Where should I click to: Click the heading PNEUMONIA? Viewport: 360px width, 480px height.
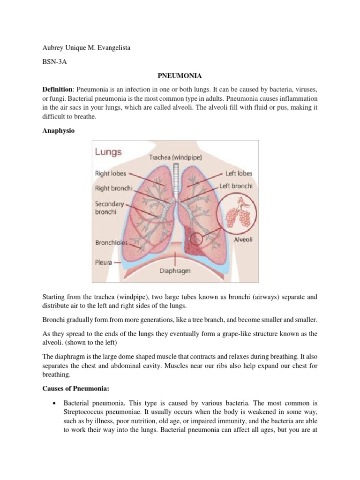pyautogui.click(x=180, y=75)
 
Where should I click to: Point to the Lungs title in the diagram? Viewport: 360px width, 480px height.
pyautogui.click(x=109, y=152)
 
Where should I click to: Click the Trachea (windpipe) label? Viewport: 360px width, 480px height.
pyautogui.click(x=176, y=158)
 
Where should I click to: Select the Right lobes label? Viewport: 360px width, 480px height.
pyautogui.click(x=111, y=173)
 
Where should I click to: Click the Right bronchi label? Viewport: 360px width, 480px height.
pyautogui.click(x=114, y=188)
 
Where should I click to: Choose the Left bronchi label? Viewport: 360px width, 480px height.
pyautogui.click(x=236, y=186)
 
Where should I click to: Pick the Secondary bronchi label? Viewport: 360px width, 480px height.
pyautogui.click(x=110, y=208)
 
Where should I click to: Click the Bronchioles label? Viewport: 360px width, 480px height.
pyautogui.click(x=112, y=243)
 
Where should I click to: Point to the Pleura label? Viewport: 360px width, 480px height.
pyautogui.click(x=104, y=262)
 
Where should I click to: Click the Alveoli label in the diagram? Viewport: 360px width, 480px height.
pyautogui.click(x=243, y=239)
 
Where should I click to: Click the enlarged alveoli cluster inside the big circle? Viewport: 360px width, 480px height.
pyautogui.click(x=240, y=216)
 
